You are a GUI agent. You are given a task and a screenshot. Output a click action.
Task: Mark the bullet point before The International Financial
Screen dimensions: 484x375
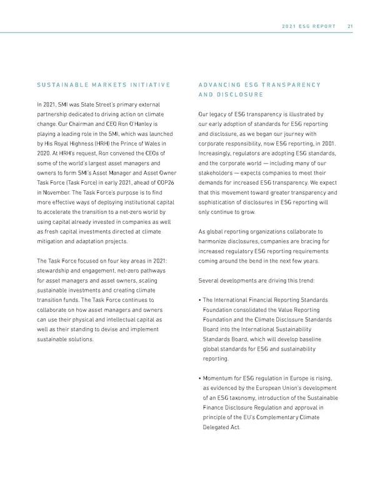199,300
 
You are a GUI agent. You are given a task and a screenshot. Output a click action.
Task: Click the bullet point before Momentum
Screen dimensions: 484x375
199,378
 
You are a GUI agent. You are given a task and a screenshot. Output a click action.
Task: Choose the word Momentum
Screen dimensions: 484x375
222,378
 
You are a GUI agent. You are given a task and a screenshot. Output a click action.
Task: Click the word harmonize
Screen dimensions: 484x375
214,241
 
